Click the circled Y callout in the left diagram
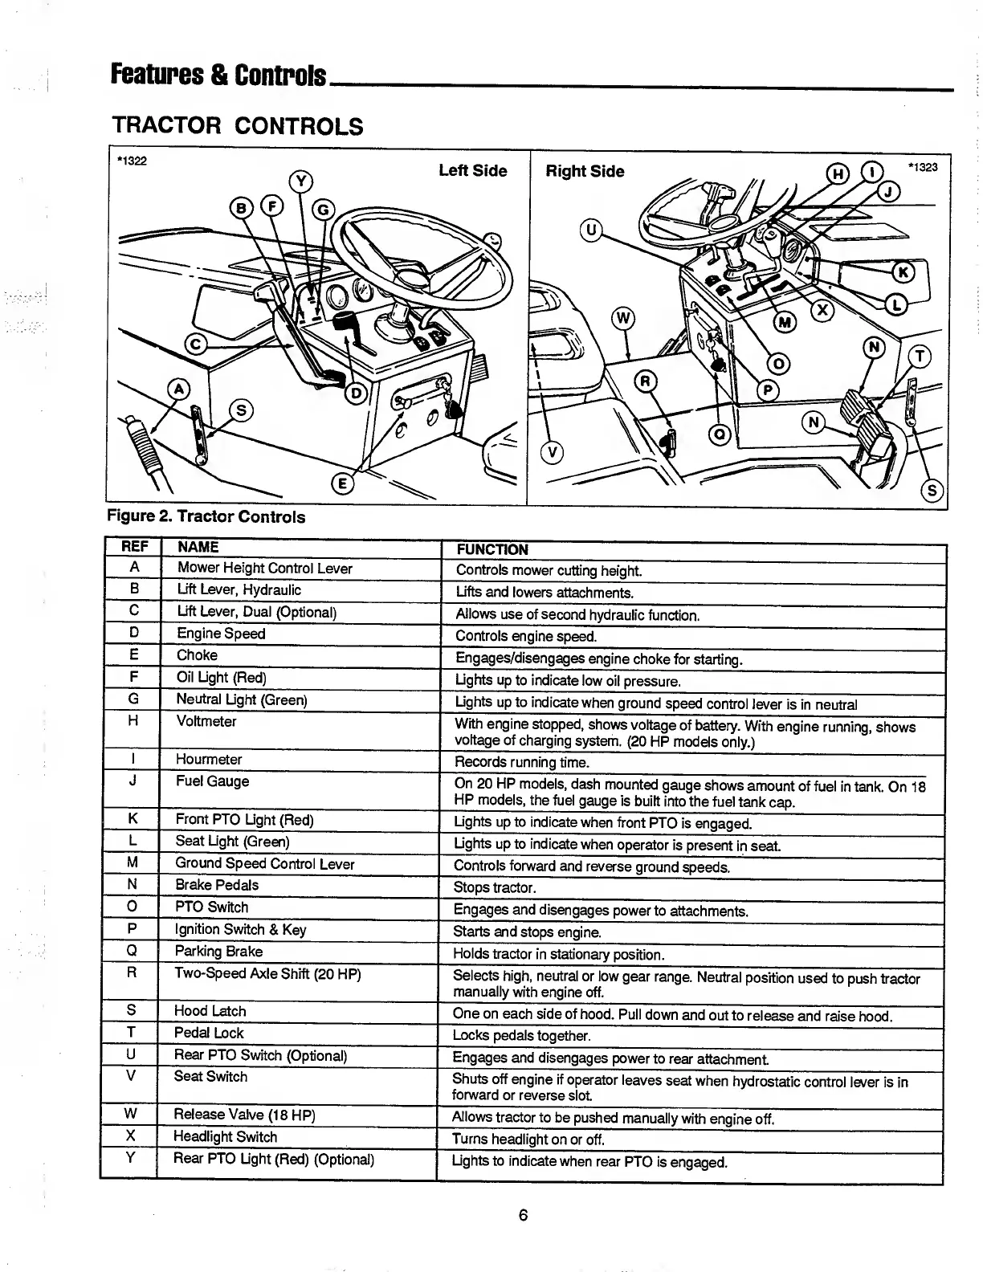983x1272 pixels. coord(300,181)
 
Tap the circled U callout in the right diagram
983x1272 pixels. coord(591,230)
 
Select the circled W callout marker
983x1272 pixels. coord(623,318)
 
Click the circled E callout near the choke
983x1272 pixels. coord(341,483)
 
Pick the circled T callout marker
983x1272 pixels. coord(918,357)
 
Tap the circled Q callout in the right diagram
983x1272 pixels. coord(720,434)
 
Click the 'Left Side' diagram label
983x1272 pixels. coord(472,171)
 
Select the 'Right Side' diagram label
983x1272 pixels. coord(585,172)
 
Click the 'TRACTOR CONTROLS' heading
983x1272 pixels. coord(237,126)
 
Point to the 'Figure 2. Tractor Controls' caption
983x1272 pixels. coord(206,516)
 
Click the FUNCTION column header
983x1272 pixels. coord(491,549)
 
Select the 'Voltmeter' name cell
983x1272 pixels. coord(206,722)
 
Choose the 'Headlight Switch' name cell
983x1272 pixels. coord(225,1137)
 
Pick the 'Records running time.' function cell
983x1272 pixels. coord(521,762)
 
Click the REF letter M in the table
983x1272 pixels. coord(132,862)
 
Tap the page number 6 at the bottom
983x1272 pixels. coord(522,1215)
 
